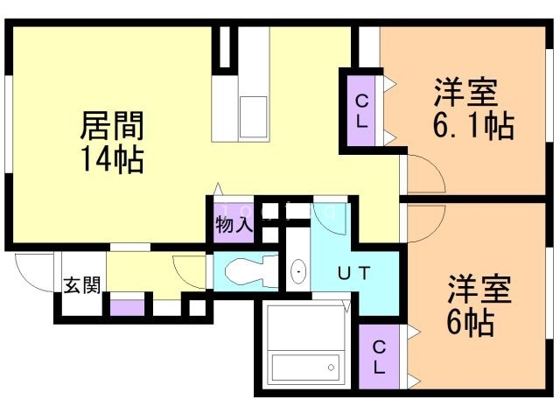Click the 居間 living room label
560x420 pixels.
pyautogui.click(x=112, y=125)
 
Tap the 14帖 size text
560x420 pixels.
pyautogui.click(x=113, y=159)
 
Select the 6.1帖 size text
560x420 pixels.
pyautogui.click(x=473, y=125)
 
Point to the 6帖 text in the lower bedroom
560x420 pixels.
pyautogui.click(x=471, y=323)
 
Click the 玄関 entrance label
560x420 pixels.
pyautogui.click(x=82, y=285)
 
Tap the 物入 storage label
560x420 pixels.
pyautogui.click(x=234, y=225)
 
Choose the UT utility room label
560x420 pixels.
pyautogui.click(x=353, y=274)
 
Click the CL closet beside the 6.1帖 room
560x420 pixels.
pyautogui.click(x=361, y=111)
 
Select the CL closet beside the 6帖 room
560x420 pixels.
pyautogui.click(x=379, y=357)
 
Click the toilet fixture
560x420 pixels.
pyautogui.click(x=251, y=271)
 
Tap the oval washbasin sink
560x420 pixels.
pyautogui.click(x=298, y=272)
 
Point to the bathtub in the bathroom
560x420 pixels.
pyautogui.click(x=305, y=367)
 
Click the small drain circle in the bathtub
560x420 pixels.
pyautogui.click(x=331, y=367)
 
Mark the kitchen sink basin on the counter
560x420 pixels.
pyautogui.click(x=253, y=116)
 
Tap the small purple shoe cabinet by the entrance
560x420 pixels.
pyautogui.click(x=127, y=308)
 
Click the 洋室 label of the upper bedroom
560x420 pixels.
pyautogui.click(x=465, y=92)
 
